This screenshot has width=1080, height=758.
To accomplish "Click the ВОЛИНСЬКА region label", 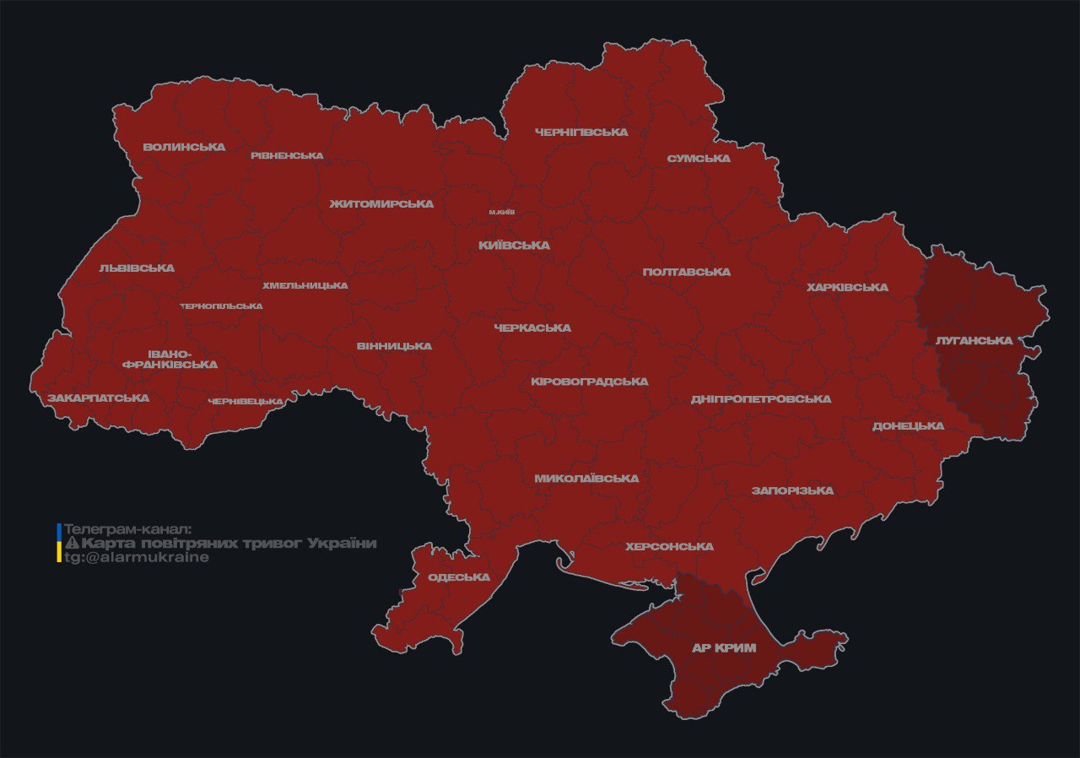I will click(x=184, y=147).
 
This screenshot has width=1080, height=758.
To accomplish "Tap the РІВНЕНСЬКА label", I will click(x=287, y=155).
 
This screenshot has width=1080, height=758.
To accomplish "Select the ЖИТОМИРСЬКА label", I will click(x=381, y=204).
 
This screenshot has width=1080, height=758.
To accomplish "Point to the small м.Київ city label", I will click(x=502, y=212).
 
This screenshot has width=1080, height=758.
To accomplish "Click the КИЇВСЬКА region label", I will click(x=514, y=246).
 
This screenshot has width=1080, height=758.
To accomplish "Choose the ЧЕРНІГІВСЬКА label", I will click(x=581, y=133).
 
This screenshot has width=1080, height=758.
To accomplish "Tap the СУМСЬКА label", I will click(x=699, y=159).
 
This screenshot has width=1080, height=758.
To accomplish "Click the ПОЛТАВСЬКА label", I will click(x=686, y=272).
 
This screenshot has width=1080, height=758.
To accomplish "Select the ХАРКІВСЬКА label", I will click(x=846, y=287).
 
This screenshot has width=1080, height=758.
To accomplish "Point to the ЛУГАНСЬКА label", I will click(x=974, y=340).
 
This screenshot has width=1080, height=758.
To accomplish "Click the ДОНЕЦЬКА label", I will click(x=908, y=425).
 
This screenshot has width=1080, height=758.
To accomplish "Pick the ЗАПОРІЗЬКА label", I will click(x=792, y=490).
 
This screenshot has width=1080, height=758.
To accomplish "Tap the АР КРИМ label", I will click(x=723, y=648).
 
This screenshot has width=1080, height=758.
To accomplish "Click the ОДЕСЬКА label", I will click(x=459, y=577).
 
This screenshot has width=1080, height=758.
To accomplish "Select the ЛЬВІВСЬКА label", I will click(x=137, y=268).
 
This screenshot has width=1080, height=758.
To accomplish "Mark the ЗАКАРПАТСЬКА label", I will click(x=98, y=398).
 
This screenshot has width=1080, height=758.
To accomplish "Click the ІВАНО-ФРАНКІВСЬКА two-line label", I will click(x=170, y=359).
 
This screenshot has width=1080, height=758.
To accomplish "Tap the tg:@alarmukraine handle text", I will click(x=137, y=558).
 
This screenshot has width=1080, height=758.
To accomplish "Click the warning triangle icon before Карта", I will click(x=72, y=543).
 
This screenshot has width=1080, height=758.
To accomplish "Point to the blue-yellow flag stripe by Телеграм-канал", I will click(x=58, y=543).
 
